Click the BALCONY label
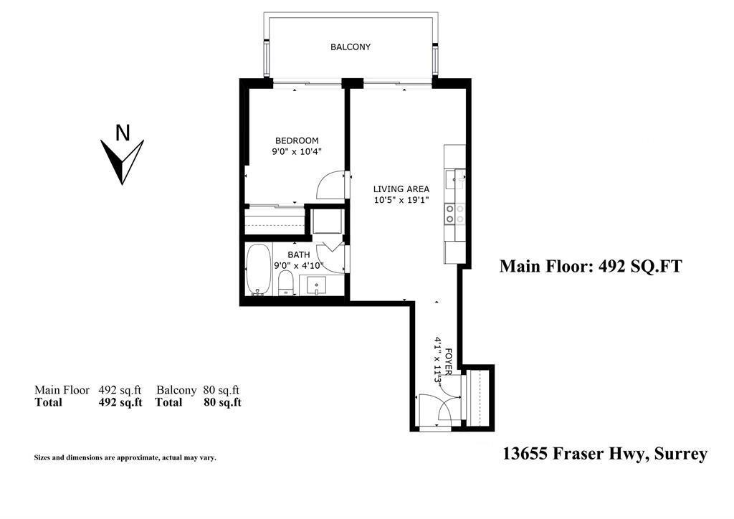[350, 47]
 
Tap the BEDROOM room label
[297, 141]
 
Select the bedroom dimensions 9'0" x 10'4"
[297, 152]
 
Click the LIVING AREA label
[401, 189]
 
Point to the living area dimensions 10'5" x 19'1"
[401, 200]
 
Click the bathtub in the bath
[258, 269]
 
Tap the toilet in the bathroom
[285, 282]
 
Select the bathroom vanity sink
[317, 285]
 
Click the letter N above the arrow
[123, 133]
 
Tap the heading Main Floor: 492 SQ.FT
[590, 267]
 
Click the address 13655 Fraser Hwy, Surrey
[605, 454]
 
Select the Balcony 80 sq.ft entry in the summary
[198, 390]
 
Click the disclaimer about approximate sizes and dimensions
[125, 457]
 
